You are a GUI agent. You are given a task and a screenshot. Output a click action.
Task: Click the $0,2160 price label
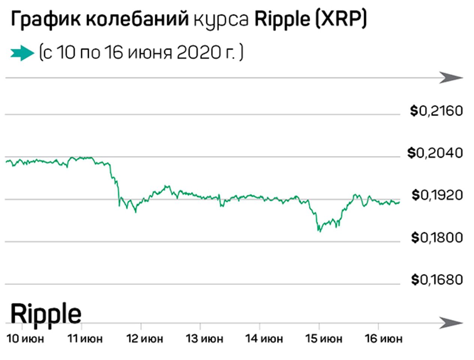[436, 111]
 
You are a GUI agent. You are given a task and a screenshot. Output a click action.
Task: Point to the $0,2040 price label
[435, 153]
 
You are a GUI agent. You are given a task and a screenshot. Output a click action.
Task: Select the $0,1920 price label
[437, 195]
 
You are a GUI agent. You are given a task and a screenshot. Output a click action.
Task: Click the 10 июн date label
[25, 339]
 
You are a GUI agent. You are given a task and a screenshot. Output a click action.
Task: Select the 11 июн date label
[85, 339]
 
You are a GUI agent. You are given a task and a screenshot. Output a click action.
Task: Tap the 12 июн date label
[145, 339]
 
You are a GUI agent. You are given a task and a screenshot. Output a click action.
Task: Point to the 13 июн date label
[204, 339]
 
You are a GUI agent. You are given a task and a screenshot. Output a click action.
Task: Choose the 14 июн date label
[264, 339]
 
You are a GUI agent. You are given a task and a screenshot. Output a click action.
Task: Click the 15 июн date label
[324, 339]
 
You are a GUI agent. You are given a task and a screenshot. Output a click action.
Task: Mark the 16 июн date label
[384, 339]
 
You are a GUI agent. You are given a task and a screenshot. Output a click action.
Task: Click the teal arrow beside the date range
[22, 53]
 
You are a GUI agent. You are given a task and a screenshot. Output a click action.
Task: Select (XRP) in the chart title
[340, 19]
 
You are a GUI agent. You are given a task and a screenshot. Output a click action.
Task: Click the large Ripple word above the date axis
[46, 313]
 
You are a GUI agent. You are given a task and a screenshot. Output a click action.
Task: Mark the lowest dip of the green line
[319, 231]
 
